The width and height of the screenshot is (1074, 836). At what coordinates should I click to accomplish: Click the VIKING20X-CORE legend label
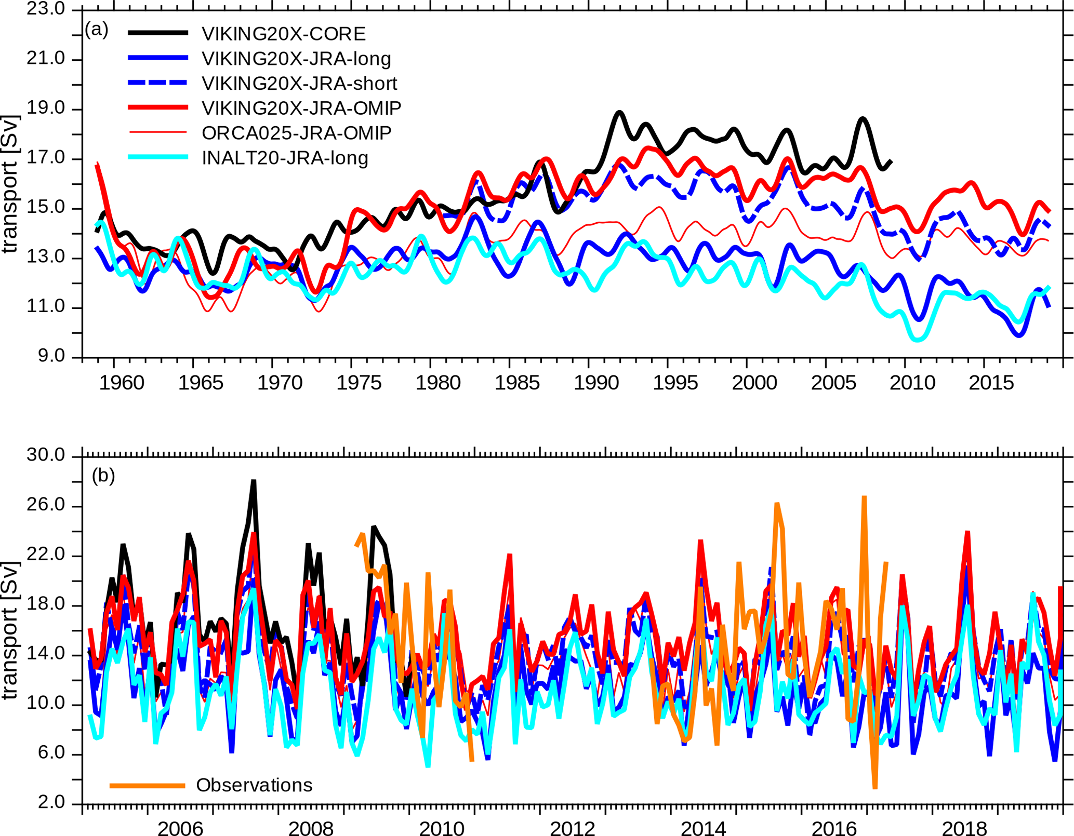pos(284,34)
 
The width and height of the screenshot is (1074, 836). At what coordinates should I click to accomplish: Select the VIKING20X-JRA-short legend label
pos(299,84)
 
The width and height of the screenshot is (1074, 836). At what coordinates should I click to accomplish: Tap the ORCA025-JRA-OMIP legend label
pos(296,133)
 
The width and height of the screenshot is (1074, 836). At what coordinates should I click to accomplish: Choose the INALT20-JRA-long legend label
pos(285,158)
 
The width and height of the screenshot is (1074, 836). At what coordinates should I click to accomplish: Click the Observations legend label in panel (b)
pos(254,785)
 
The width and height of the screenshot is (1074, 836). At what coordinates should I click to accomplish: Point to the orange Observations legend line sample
pos(148,786)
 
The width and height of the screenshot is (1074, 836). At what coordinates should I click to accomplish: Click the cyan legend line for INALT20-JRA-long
pos(158,157)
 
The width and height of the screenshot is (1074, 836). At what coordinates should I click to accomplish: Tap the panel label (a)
pos(97,30)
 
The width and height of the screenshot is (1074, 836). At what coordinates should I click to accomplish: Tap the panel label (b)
pos(103,476)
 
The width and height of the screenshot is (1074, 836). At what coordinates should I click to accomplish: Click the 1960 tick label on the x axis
pos(122,383)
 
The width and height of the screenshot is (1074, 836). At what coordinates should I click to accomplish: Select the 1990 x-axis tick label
pos(596,383)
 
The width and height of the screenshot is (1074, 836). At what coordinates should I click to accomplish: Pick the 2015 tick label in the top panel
pos(991,383)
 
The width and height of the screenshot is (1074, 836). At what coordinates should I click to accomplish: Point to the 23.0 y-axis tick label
pos(46,9)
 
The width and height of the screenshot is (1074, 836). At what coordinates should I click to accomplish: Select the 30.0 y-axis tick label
pos(46,455)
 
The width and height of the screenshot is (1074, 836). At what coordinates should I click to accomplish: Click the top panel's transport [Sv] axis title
pos(10,184)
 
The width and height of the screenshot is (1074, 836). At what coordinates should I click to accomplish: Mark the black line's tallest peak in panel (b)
pos(254,482)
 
